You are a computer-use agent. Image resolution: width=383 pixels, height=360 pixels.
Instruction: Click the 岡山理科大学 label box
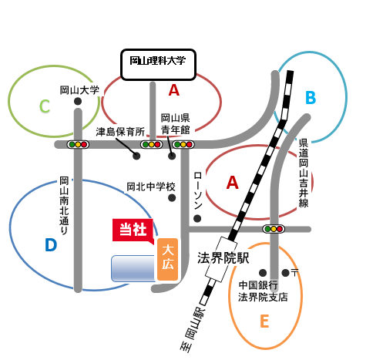[x=159, y=65]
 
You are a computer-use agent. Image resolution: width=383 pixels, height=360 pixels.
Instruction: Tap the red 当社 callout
[x=133, y=230]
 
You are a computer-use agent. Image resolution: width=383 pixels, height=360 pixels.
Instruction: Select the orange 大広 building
[x=168, y=259]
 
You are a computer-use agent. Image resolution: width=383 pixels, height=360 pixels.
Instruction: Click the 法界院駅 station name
[x=223, y=258]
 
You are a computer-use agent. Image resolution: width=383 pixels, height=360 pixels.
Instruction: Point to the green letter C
[x=45, y=106]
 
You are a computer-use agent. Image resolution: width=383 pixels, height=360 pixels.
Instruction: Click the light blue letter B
[x=311, y=98]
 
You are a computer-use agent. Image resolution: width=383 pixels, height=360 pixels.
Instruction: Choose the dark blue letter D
[x=51, y=245]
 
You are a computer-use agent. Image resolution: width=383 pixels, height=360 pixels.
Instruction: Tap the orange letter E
[x=264, y=321]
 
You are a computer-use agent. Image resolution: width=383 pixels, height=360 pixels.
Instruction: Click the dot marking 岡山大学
[x=78, y=101]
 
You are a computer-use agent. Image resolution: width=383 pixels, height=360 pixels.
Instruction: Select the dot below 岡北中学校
[x=172, y=198]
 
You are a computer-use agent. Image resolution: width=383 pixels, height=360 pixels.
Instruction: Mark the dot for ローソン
[x=197, y=219]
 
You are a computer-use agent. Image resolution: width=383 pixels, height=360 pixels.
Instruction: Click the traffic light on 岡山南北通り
[x=78, y=145]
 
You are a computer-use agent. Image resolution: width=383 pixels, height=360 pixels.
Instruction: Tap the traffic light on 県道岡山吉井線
[x=274, y=229]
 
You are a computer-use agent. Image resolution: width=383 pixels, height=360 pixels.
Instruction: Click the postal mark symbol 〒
[x=294, y=273]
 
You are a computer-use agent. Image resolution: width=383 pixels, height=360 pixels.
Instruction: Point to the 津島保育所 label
[x=120, y=132]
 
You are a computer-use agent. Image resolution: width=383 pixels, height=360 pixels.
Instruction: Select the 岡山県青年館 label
[x=176, y=124]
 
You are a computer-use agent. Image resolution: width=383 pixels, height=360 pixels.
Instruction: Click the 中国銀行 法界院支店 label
[x=263, y=291]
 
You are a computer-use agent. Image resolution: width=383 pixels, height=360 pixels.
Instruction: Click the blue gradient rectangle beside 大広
[x=134, y=268]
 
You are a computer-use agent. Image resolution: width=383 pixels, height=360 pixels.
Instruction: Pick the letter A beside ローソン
[x=233, y=183]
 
